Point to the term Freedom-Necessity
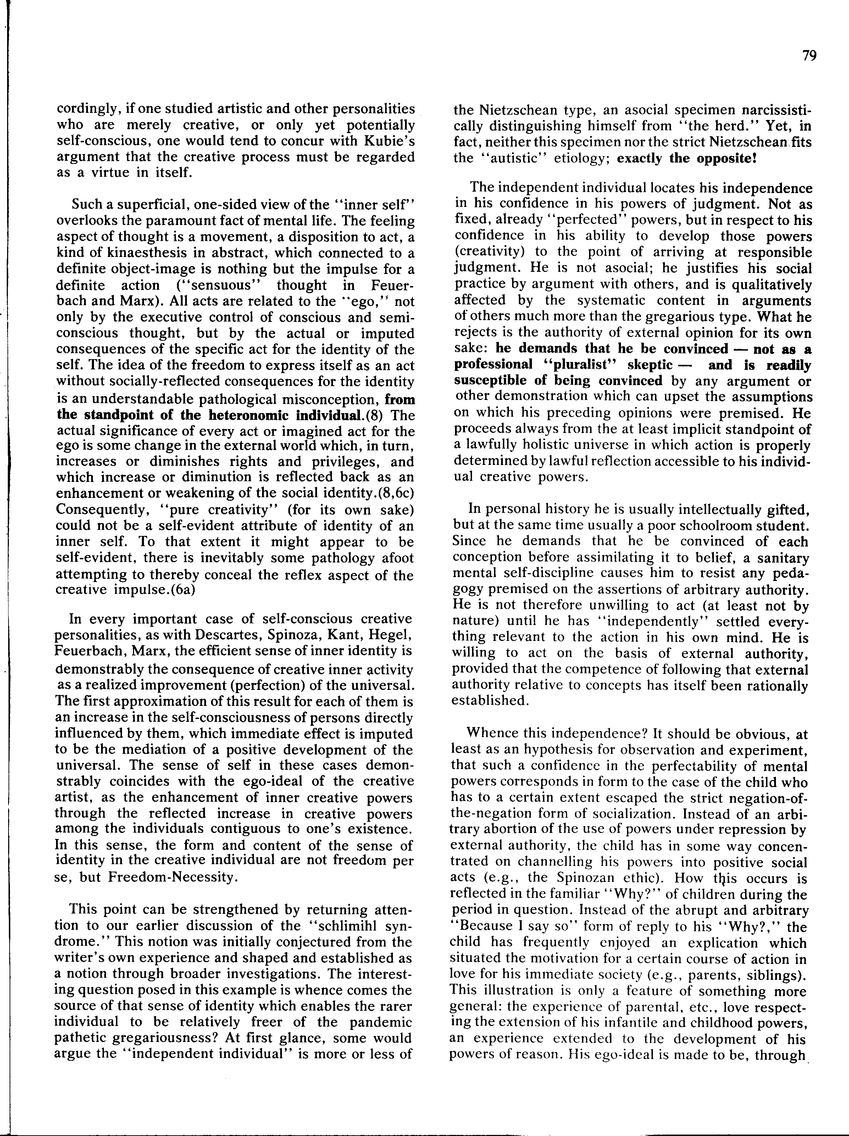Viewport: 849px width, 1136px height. click(x=172, y=877)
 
